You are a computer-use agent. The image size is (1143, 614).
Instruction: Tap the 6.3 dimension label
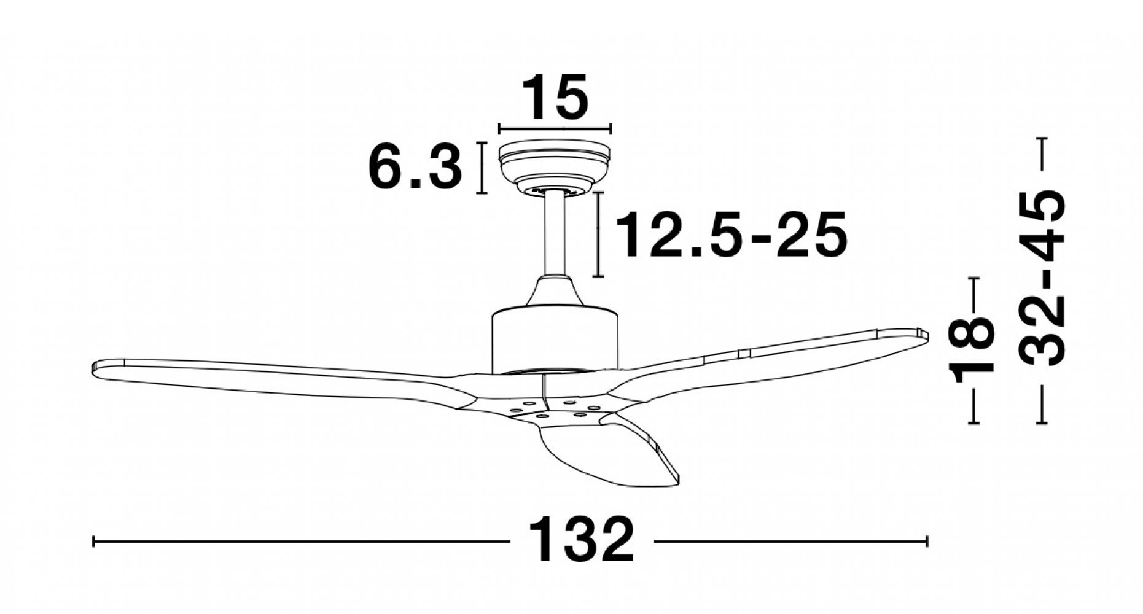point(415,166)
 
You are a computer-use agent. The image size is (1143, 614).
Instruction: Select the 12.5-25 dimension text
point(731,235)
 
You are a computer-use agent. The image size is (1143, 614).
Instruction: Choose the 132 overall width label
point(581,540)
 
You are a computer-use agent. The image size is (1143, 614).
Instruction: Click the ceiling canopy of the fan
point(555,166)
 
